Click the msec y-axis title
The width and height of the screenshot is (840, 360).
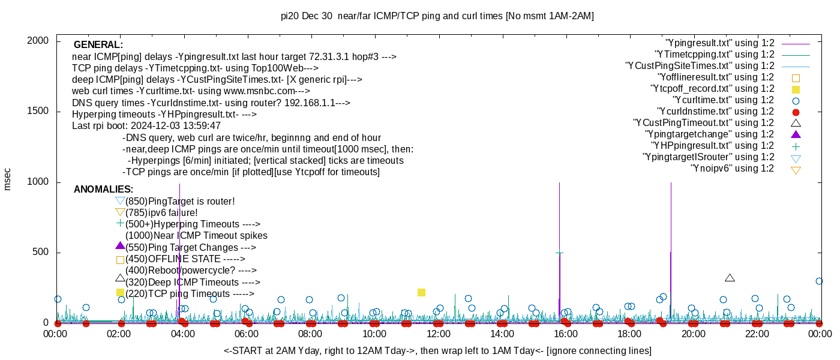8,179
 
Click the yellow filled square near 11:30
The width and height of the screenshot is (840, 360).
421,292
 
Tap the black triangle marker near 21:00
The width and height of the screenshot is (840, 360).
730,278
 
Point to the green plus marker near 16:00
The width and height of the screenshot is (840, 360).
559,253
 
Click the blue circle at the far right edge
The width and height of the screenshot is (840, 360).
820,281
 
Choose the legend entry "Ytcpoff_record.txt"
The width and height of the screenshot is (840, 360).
712,89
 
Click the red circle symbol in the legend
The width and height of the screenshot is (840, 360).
796,112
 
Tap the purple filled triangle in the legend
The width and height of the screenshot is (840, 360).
796,134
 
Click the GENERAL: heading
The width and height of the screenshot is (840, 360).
98,45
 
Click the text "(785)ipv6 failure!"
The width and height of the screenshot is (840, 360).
161,213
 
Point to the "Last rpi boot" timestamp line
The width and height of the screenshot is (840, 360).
146,126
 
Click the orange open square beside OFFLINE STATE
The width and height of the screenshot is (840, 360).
120,260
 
